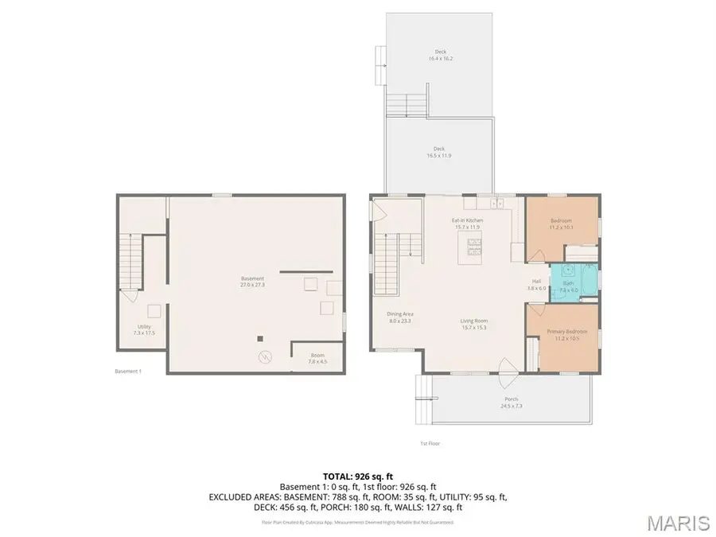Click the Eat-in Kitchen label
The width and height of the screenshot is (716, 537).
tap(468, 224)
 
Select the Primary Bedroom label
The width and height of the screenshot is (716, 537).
tap(566, 334)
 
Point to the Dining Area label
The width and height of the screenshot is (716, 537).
tap(400, 317)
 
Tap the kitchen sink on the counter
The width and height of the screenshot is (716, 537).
tap(497, 204)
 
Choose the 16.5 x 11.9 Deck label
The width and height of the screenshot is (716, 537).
tap(439, 152)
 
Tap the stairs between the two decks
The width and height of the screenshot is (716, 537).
tap(407, 105)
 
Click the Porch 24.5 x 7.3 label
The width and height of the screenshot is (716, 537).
tap(511, 403)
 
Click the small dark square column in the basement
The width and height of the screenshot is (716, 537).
tap(259, 338)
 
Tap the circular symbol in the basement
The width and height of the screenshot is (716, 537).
tap(265, 356)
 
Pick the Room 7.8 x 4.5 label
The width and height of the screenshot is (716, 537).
tap(317, 359)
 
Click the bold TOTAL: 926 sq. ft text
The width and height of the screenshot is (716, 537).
tap(357, 473)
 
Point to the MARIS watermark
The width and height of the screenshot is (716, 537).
tap(678, 523)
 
